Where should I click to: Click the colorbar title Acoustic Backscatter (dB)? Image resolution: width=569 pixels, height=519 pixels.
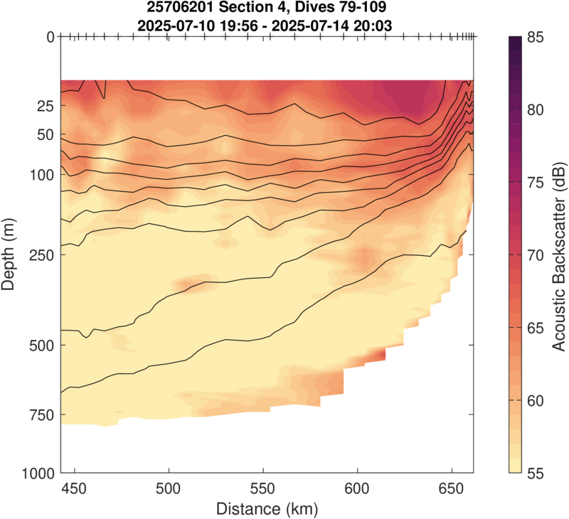coord(559,254)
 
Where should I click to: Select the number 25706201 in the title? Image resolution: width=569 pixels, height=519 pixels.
coord(186,9)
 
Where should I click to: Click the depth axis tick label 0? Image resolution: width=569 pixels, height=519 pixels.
coord(50,37)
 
